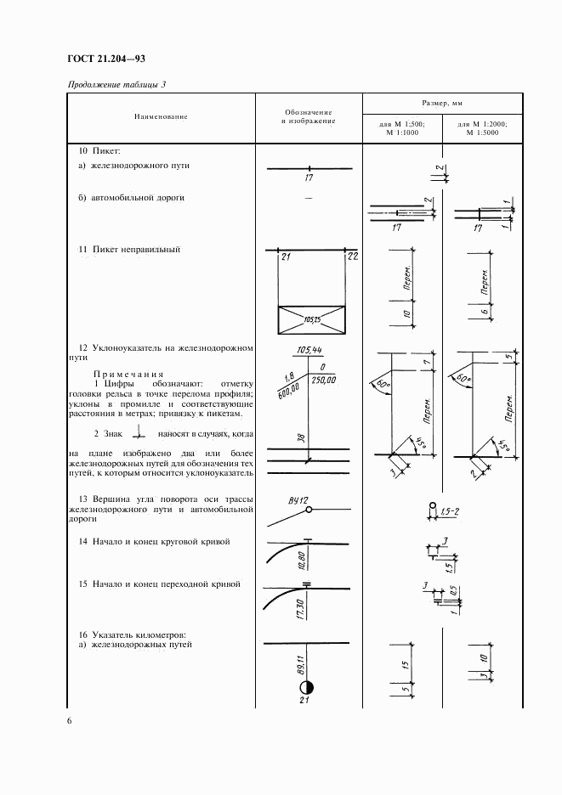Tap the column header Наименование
coord(160,116)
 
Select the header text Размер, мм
coord(440,101)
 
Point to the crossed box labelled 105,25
coord(312,320)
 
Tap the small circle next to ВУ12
coord(310,510)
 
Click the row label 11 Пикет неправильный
coord(128,250)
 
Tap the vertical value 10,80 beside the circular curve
coord(303,561)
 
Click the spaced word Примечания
coord(129,374)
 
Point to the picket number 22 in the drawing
coord(353,257)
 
